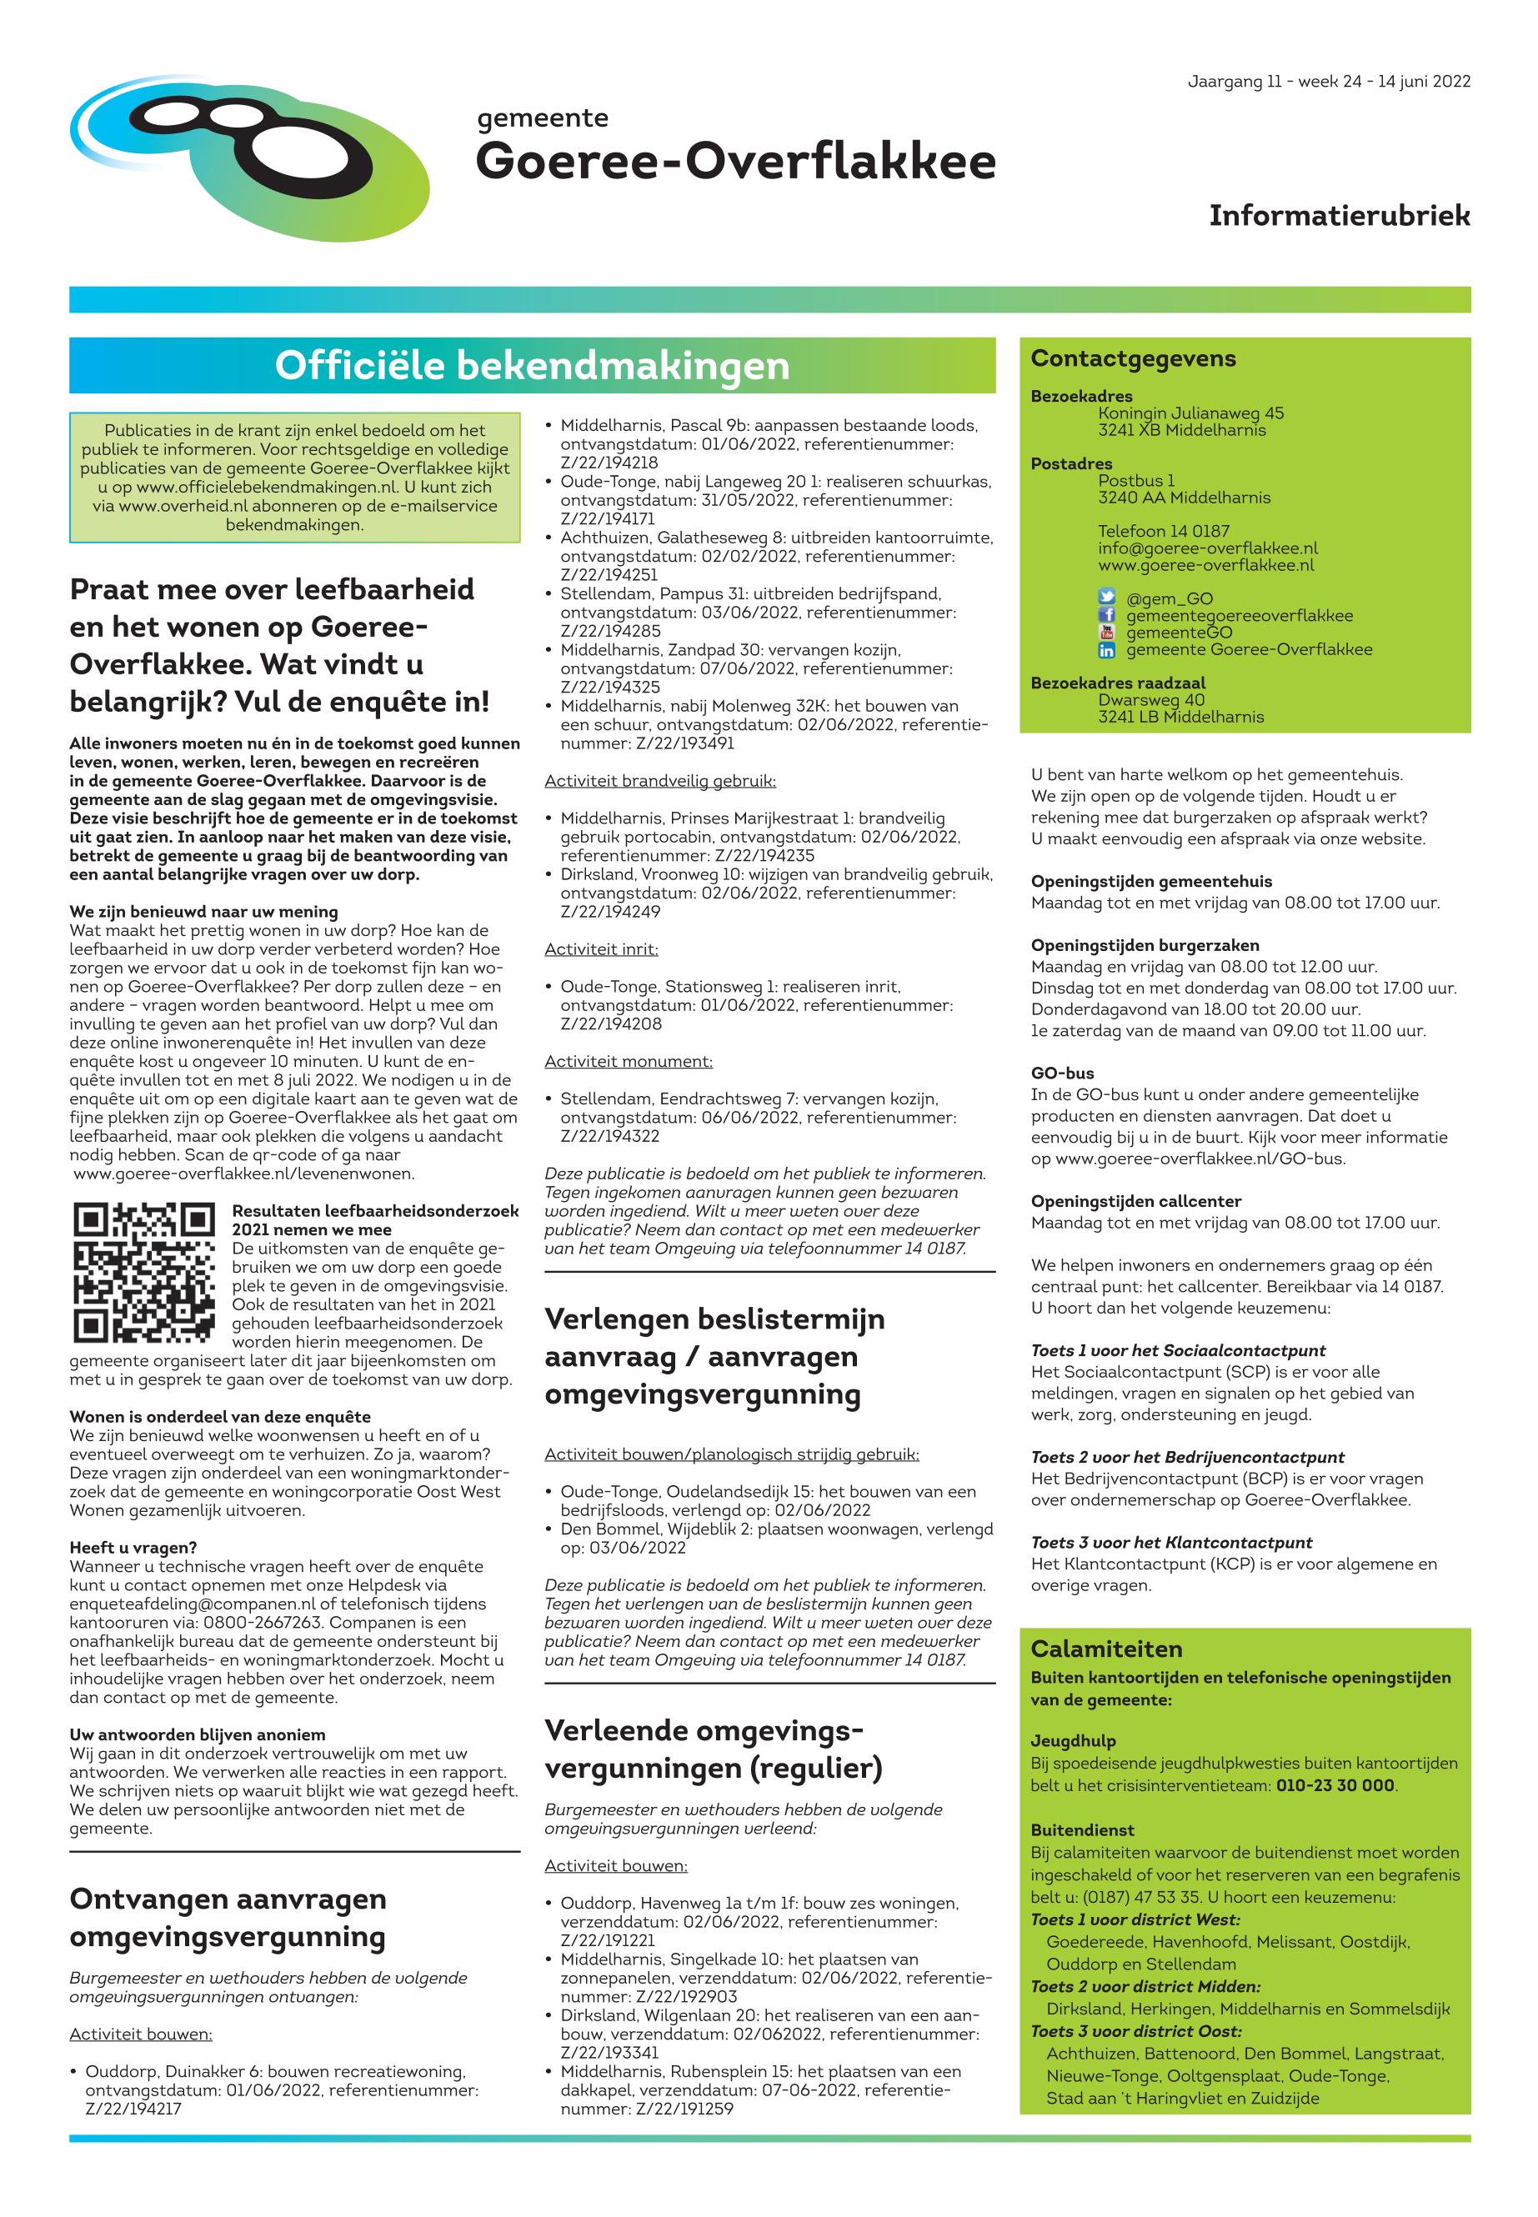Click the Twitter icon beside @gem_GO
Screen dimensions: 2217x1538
[1106, 598]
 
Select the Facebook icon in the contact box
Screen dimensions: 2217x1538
[1106, 615]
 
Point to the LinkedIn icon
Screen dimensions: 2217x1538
[1106, 650]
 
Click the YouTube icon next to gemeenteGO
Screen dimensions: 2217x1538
[1106, 633]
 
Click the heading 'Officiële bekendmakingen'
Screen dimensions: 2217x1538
[532, 365]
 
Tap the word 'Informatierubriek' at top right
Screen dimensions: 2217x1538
[1339, 216]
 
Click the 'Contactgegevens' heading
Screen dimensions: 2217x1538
[1132, 358]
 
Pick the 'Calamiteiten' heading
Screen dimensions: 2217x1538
[1106, 1648]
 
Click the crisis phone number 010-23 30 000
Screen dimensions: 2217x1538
[1335, 1785]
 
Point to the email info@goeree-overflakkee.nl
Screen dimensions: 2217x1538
[1206, 548]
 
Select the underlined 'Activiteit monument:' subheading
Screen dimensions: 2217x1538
[629, 1061]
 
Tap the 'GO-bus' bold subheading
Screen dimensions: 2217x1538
[1062, 1073]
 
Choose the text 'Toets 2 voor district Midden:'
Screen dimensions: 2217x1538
[1145, 1986]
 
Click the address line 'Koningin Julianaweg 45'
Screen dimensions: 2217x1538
[1190, 413]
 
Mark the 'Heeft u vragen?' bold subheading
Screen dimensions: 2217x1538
[133, 1548]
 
